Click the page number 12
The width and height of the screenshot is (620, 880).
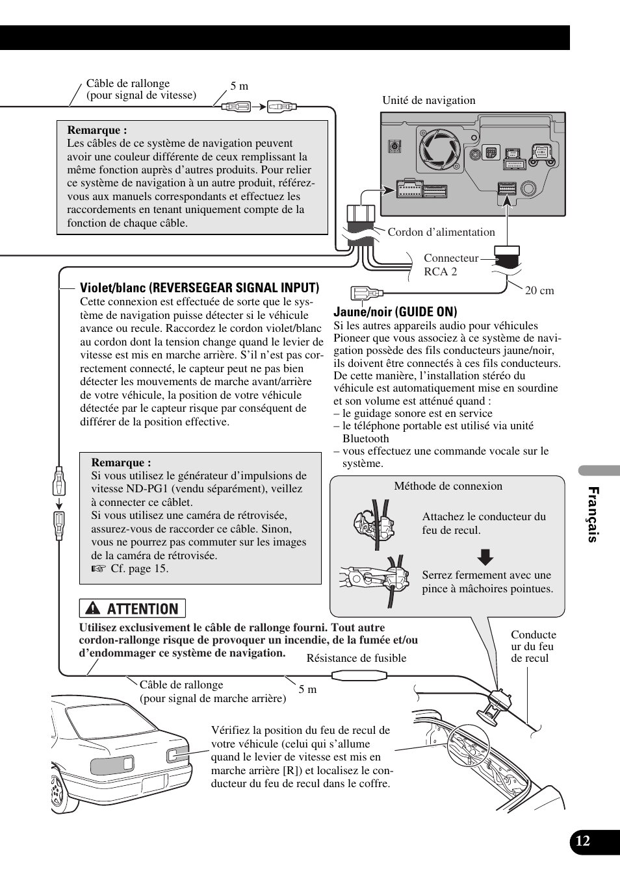[583, 841]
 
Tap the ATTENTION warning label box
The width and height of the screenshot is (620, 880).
[133, 609]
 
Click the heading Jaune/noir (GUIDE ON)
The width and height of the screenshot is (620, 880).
[395, 312]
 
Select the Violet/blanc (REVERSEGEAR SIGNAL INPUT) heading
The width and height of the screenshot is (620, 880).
[200, 288]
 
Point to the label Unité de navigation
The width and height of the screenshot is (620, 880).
[428, 100]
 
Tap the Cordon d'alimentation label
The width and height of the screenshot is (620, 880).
[441, 232]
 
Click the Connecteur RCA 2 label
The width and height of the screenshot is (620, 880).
[450, 265]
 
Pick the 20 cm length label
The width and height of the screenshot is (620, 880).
[539, 291]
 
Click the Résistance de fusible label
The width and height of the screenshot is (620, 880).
[356, 658]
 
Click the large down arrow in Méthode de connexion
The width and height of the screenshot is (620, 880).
[485, 557]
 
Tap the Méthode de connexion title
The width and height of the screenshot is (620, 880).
[448, 486]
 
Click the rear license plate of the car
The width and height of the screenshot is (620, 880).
[153, 783]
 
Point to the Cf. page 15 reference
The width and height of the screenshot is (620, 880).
[139, 568]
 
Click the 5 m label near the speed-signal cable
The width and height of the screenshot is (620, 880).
[239, 86]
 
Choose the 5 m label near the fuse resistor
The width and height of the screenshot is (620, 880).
[307, 689]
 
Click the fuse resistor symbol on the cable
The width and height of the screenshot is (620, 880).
[359, 676]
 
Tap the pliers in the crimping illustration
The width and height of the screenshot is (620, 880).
[364, 577]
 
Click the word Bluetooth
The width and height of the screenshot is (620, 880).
[365, 438]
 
